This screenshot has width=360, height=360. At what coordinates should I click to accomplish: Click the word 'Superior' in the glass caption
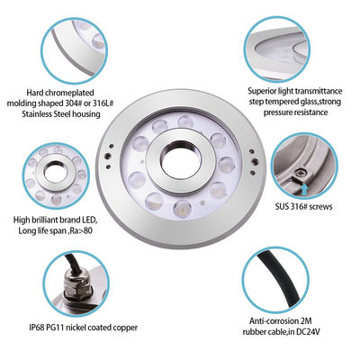pos(267,91)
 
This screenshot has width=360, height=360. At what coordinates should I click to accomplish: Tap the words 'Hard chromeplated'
pos(62,91)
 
